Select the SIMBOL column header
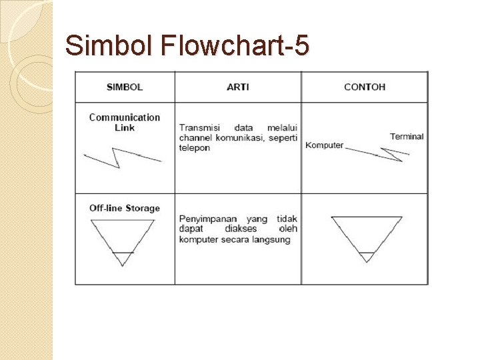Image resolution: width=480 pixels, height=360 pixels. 125,87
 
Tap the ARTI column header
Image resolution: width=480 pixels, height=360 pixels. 238,87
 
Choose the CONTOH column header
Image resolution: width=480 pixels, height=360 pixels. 365,87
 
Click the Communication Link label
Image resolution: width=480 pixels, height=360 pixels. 125,122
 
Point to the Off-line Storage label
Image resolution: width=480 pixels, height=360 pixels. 125,208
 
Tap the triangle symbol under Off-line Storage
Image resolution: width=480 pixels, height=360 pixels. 123,240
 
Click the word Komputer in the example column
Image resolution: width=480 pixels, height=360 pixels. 324,145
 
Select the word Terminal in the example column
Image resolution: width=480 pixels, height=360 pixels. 407,137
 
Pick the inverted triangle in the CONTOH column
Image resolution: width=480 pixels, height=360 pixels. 366,235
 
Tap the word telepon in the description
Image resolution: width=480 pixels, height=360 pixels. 194,147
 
